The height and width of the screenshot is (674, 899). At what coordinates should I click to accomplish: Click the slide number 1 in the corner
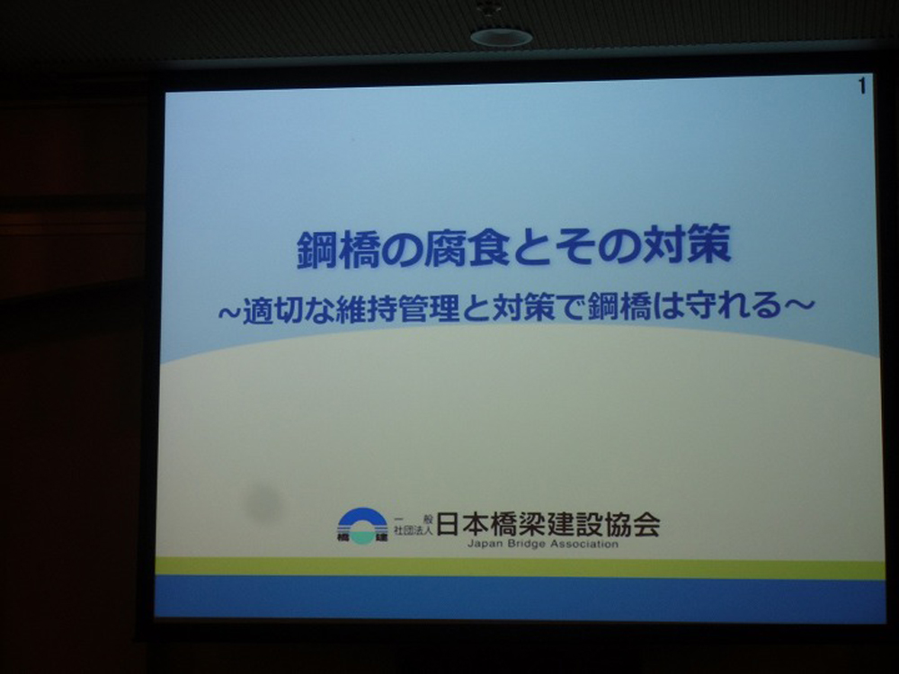(862, 87)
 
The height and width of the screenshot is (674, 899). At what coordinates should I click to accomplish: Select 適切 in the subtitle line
(272, 310)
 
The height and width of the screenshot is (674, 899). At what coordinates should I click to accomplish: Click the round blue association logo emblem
(362, 526)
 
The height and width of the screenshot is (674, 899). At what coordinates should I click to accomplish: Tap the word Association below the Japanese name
(584, 544)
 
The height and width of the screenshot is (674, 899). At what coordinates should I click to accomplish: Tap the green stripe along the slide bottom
(520, 569)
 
